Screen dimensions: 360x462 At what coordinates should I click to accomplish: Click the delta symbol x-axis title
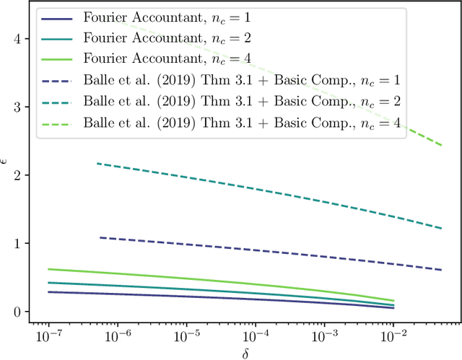coord(245,353)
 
